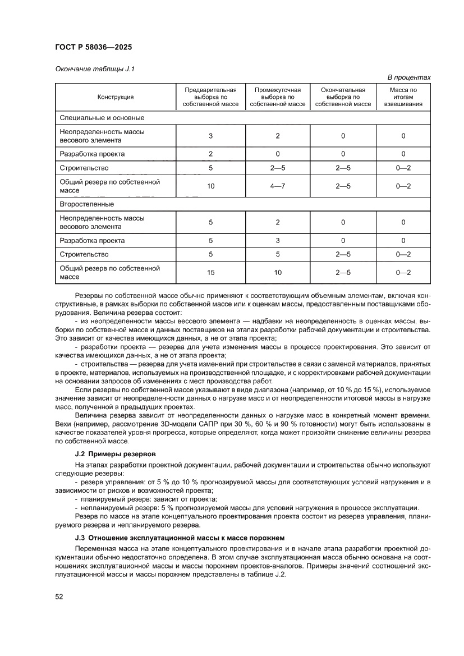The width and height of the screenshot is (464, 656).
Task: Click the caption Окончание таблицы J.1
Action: click(x=95, y=69)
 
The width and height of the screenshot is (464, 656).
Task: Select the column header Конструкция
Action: click(x=115, y=97)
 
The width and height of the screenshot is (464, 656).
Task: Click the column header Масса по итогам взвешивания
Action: click(x=403, y=97)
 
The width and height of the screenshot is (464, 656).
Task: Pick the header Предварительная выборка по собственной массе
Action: click(x=210, y=97)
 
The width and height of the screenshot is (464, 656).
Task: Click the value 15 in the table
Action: click(x=210, y=273)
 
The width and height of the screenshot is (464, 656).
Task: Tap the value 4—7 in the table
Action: click(x=277, y=186)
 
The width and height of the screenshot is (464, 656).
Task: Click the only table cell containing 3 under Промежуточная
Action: click(x=277, y=241)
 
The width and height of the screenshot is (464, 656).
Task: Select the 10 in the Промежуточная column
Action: click(x=277, y=273)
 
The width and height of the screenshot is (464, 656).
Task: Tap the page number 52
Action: click(x=59, y=597)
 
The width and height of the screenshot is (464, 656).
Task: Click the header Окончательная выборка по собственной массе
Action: click(x=343, y=97)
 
